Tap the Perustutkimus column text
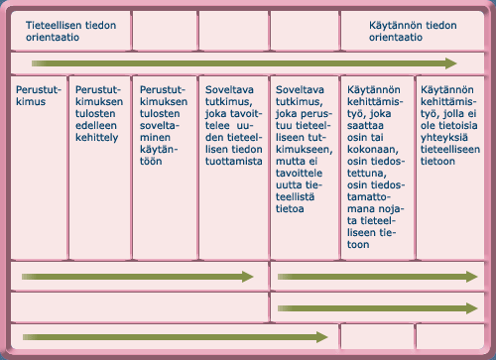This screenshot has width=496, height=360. [37, 94]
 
